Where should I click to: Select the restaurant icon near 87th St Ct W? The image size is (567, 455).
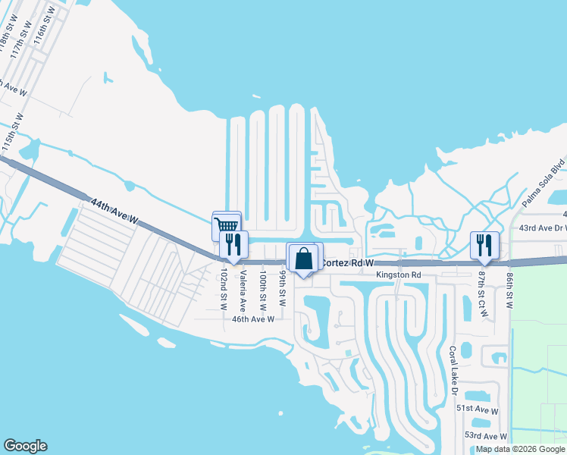pos(484,245)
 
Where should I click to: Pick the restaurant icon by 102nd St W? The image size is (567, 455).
pos(233,244)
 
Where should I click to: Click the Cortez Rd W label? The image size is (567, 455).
pos(348,262)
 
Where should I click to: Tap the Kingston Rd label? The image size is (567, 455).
pos(399,275)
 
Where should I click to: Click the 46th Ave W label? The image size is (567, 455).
pos(252,320)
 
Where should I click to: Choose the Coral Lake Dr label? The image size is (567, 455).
pos(453,372)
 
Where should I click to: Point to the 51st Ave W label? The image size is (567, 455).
pos(477,409)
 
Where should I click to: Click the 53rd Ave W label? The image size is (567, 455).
pos(485,436)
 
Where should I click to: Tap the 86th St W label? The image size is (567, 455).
pos(510,291)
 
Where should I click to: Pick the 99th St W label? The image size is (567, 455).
pos(282,289)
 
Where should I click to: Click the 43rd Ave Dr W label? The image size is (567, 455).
pos(541,227)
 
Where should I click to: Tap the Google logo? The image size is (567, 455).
pos(25,446)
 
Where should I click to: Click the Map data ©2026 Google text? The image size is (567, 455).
pos(520,449)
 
